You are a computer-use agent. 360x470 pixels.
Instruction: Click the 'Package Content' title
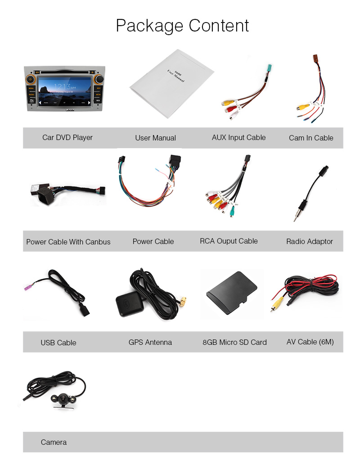pyautogui.click(x=182, y=26)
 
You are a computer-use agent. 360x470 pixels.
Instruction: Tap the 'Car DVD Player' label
pyautogui.click(x=67, y=137)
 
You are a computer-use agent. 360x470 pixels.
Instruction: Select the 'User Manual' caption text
pyautogui.click(x=155, y=138)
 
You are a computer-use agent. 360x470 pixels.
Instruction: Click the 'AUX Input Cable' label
pyautogui.click(x=238, y=137)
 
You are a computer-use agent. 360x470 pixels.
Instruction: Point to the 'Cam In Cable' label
pyautogui.click(x=311, y=138)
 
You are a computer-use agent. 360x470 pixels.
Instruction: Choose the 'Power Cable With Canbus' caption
pyautogui.click(x=68, y=242)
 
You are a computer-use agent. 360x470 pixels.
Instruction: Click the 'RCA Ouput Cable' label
pyautogui.click(x=229, y=241)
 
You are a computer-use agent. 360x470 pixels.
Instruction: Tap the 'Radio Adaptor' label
pyautogui.click(x=310, y=241)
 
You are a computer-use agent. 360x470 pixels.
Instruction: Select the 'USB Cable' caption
pyautogui.click(x=58, y=343)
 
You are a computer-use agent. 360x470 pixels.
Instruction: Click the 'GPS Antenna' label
pyautogui.click(x=150, y=342)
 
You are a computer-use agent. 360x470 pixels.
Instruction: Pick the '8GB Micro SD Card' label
pyautogui.click(x=234, y=342)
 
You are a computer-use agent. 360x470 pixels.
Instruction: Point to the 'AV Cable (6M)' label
pyautogui.click(x=310, y=342)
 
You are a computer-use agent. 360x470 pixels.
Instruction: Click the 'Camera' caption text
pyautogui.click(x=54, y=442)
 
